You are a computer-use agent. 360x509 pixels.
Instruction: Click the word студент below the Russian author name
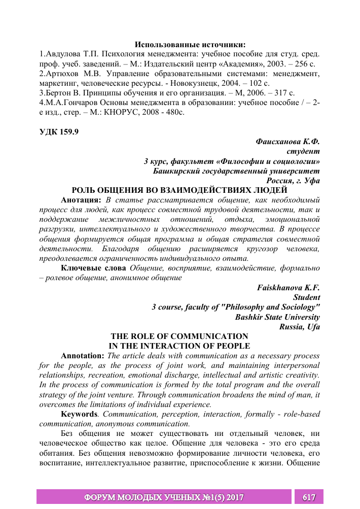point(303,151)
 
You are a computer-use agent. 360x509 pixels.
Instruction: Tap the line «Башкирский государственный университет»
point(236,171)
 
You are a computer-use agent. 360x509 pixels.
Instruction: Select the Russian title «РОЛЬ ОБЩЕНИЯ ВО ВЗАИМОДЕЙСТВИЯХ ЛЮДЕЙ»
point(179,190)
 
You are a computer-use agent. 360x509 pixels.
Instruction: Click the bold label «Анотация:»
point(78,200)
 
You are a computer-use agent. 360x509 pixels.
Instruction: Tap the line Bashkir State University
point(277,317)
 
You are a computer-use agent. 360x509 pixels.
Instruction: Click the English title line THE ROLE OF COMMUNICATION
point(179,336)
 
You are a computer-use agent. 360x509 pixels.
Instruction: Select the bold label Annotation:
point(84,355)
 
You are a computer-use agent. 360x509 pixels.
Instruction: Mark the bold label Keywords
point(79,414)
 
